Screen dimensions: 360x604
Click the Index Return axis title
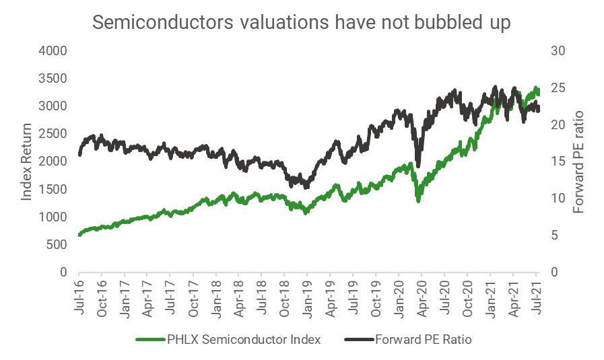pyautogui.click(x=27, y=161)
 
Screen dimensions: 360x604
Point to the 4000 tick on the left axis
pyautogui.click(x=55, y=51)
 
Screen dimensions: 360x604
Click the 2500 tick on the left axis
pyautogui.click(x=55, y=134)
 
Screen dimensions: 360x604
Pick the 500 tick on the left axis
pyautogui.click(x=58, y=245)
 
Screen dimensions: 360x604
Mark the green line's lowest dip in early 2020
pyautogui.click(x=418, y=200)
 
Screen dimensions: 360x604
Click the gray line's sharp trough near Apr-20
pyautogui.click(x=418, y=166)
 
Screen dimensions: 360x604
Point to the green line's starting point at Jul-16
pyautogui.click(x=79, y=235)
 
